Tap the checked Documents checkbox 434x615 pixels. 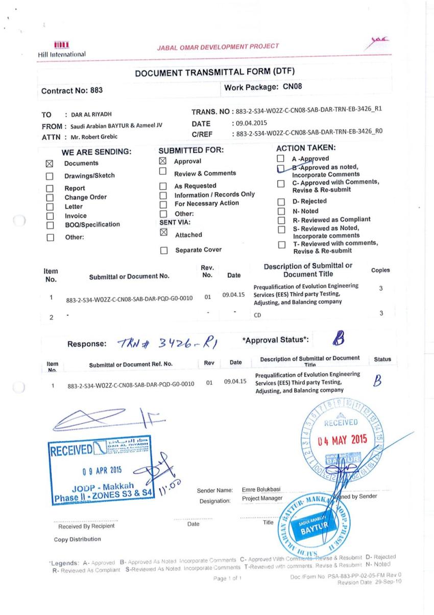pos(50,164)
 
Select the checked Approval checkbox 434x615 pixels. pos(163,161)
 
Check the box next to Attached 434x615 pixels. pos(163,233)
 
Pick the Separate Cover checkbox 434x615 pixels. pos(163,250)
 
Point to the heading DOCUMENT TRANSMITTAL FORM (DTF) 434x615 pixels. pos(216,72)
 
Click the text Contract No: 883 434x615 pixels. pos(72,90)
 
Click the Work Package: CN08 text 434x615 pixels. pos(263,87)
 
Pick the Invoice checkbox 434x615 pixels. pos(50,216)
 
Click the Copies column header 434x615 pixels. pos(381,270)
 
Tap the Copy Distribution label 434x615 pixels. pos(78,539)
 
